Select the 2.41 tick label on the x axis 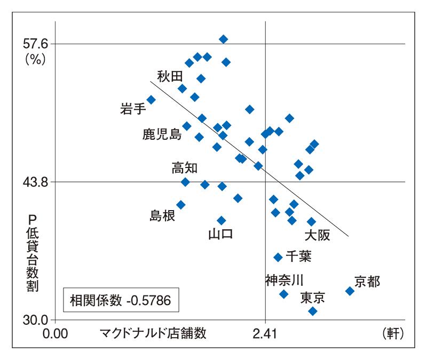[265, 334]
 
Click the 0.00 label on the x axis [55, 334]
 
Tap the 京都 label [367, 281]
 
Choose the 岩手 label [133, 109]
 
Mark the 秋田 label [170, 76]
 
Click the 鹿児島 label [162, 134]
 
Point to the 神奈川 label [284, 278]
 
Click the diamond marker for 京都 [350, 291]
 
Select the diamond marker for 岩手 [151, 100]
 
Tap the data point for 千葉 [278, 257]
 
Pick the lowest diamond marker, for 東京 [313, 311]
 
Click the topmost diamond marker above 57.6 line [224, 39]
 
